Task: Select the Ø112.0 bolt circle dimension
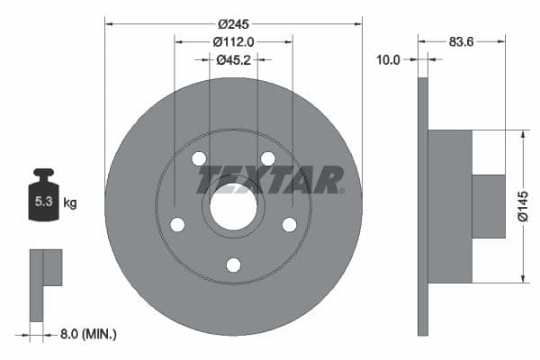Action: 233,40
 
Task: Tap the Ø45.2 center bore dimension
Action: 233,59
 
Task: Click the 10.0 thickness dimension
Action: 389,59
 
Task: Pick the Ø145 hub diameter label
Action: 522,206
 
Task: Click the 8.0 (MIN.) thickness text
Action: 86,334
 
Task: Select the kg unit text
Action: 70,203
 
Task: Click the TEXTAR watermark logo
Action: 270,179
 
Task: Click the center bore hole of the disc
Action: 233,206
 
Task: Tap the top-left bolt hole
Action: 199,159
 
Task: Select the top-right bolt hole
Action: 267,159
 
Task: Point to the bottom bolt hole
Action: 233,265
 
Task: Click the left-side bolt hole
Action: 177,224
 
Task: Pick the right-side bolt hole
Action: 289,224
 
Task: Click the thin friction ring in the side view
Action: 423,206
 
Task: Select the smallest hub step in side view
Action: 489,206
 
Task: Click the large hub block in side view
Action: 450,206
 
